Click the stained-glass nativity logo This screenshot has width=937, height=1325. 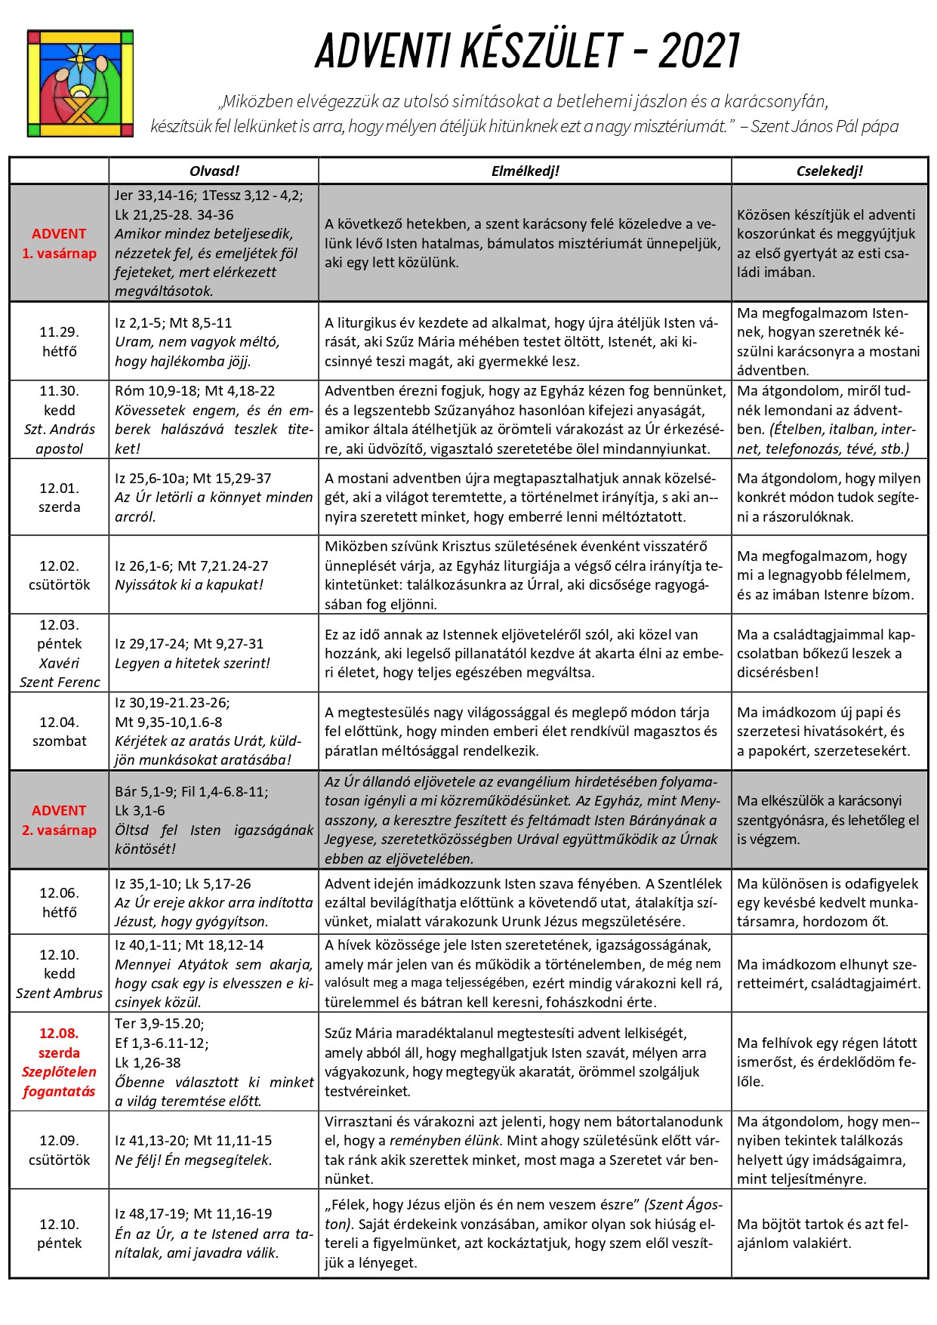(x=80, y=83)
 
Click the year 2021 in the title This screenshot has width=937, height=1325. (x=699, y=51)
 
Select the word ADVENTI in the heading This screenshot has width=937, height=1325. (x=383, y=51)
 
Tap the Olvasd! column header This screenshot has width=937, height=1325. (x=214, y=171)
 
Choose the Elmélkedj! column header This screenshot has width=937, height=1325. (x=525, y=171)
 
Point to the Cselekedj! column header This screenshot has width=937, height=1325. (x=829, y=171)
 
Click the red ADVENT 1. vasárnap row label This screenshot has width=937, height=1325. (x=59, y=243)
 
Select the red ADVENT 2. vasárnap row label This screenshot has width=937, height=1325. (x=59, y=820)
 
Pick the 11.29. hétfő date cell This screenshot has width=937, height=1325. (x=59, y=341)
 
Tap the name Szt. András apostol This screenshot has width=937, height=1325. (x=59, y=439)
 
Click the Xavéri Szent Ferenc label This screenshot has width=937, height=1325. (x=59, y=673)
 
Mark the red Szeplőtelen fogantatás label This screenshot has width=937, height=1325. (x=59, y=1081)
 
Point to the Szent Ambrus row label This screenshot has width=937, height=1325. (x=59, y=993)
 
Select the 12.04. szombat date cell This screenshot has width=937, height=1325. (x=59, y=732)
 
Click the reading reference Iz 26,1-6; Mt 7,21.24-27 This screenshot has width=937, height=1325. (x=192, y=565)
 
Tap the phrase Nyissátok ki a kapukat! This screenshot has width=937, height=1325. (x=189, y=585)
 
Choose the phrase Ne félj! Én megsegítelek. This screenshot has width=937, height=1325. (x=193, y=1160)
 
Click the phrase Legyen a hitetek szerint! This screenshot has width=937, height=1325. (x=192, y=663)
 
